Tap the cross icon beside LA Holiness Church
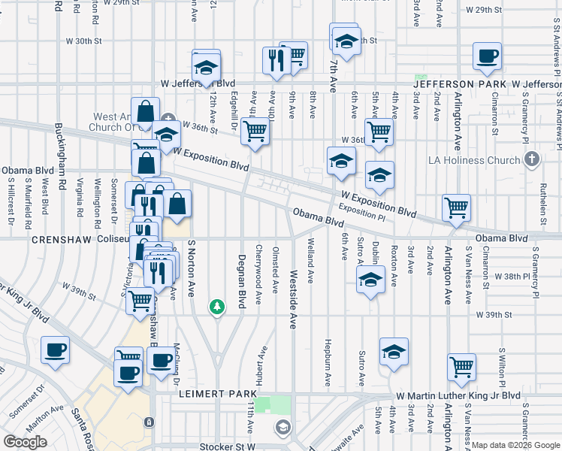[532, 159]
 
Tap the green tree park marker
[217, 307]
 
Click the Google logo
[25, 442]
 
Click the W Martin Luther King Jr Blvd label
[458, 395]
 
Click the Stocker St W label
[228, 446]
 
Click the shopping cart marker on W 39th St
[140, 300]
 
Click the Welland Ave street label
[310, 260]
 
